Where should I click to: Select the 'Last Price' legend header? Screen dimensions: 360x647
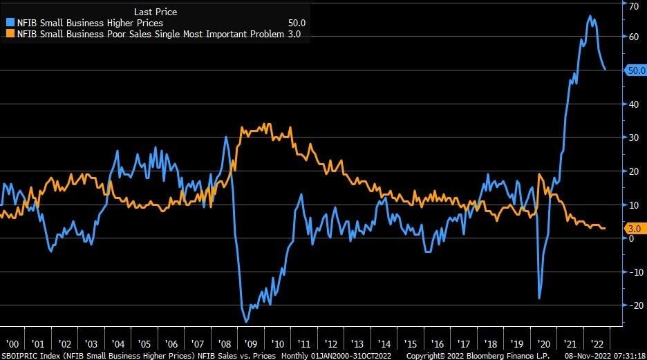pyautogui.click(x=156, y=12)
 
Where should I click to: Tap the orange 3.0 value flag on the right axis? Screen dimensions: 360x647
pyautogui.click(x=634, y=228)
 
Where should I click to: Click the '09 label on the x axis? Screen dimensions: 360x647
pyautogui.click(x=250, y=343)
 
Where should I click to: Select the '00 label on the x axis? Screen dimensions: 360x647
pyautogui.click(x=12, y=343)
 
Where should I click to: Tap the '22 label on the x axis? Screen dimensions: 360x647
pyautogui.click(x=596, y=343)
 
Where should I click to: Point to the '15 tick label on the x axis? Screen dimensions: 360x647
pyautogui.click(x=410, y=343)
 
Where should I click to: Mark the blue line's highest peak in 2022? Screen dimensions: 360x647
pyautogui.click(x=590, y=16)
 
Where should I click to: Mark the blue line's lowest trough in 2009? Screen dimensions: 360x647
pyautogui.click(x=246, y=321)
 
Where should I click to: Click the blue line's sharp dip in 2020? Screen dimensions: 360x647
pyautogui.click(x=539, y=298)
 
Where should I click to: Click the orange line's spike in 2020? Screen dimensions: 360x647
pyautogui.click(x=539, y=174)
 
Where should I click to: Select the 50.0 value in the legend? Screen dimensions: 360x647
pyautogui.click(x=297, y=23)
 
